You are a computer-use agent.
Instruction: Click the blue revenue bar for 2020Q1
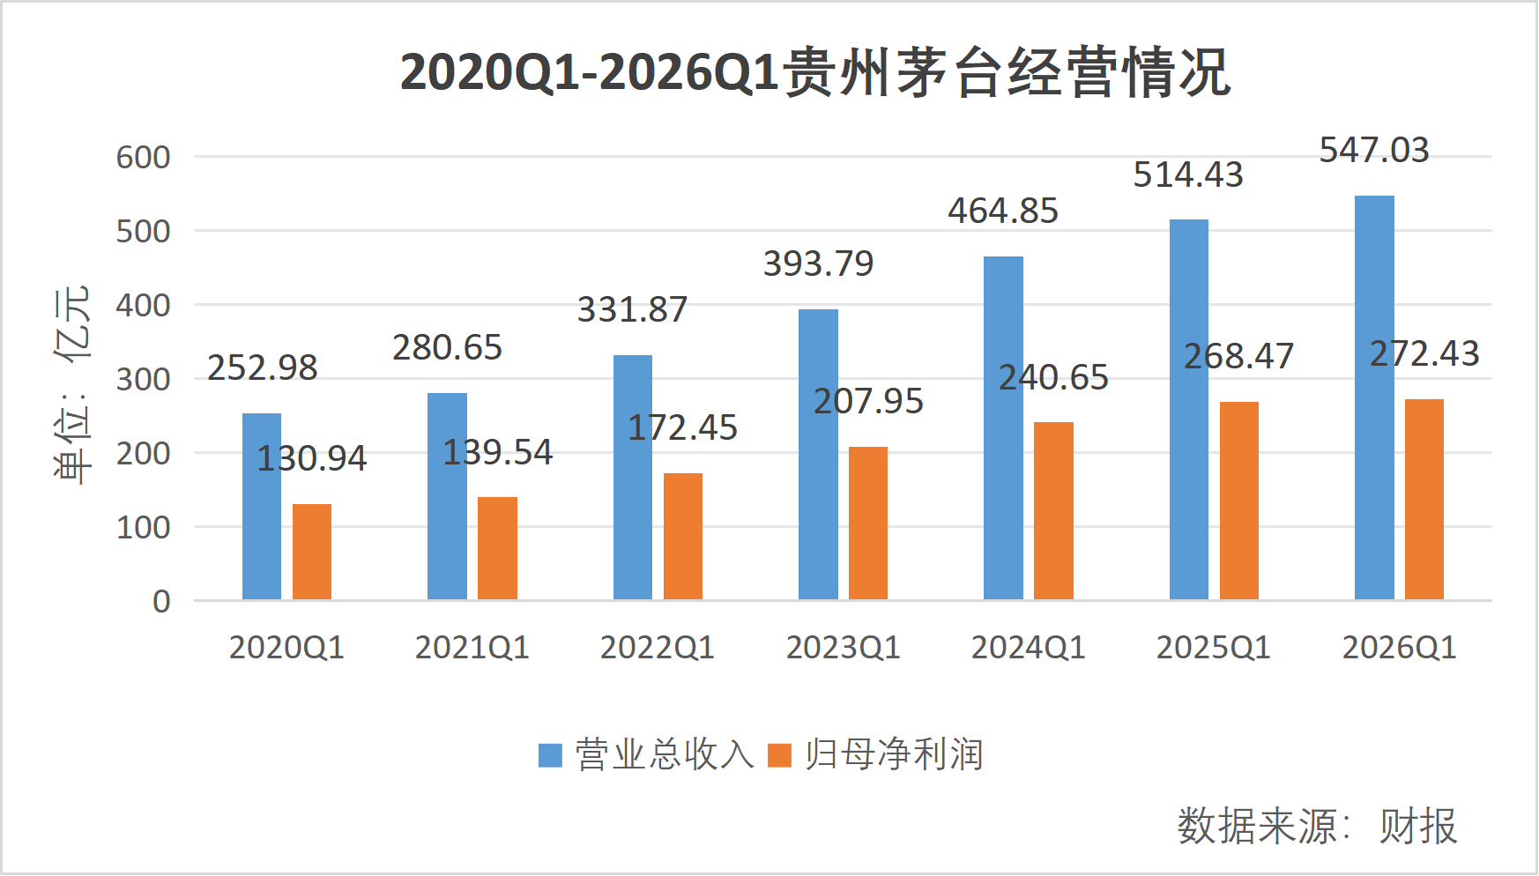tap(261, 507)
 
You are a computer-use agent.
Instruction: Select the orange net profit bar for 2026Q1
tap(1424, 500)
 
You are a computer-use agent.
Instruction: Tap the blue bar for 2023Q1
tap(818, 455)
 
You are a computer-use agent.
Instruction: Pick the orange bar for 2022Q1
tap(682, 537)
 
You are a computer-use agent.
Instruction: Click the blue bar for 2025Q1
tap(1188, 410)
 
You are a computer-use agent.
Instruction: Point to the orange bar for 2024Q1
tap(1053, 511)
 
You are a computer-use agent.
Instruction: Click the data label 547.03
tap(1373, 151)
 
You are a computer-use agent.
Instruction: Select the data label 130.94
tap(311, 458)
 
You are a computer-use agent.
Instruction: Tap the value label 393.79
tap(818, 264)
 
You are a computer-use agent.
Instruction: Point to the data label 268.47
tap(1238, 357)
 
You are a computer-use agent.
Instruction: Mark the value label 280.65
tap(447, 348)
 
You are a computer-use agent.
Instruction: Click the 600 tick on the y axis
tap(143, 158)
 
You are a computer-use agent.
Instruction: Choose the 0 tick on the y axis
tap(161, 602)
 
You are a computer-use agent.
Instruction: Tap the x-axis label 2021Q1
tap(472, 649)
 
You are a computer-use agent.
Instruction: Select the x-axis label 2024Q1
tap(1028, 649)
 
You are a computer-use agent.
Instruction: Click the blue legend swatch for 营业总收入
tap(550, 755)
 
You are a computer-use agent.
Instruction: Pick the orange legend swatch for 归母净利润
tap(779, 755)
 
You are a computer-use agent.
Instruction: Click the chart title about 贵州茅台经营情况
tap(814, 72)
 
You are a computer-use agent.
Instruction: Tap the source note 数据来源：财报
tap(1317, 827)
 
